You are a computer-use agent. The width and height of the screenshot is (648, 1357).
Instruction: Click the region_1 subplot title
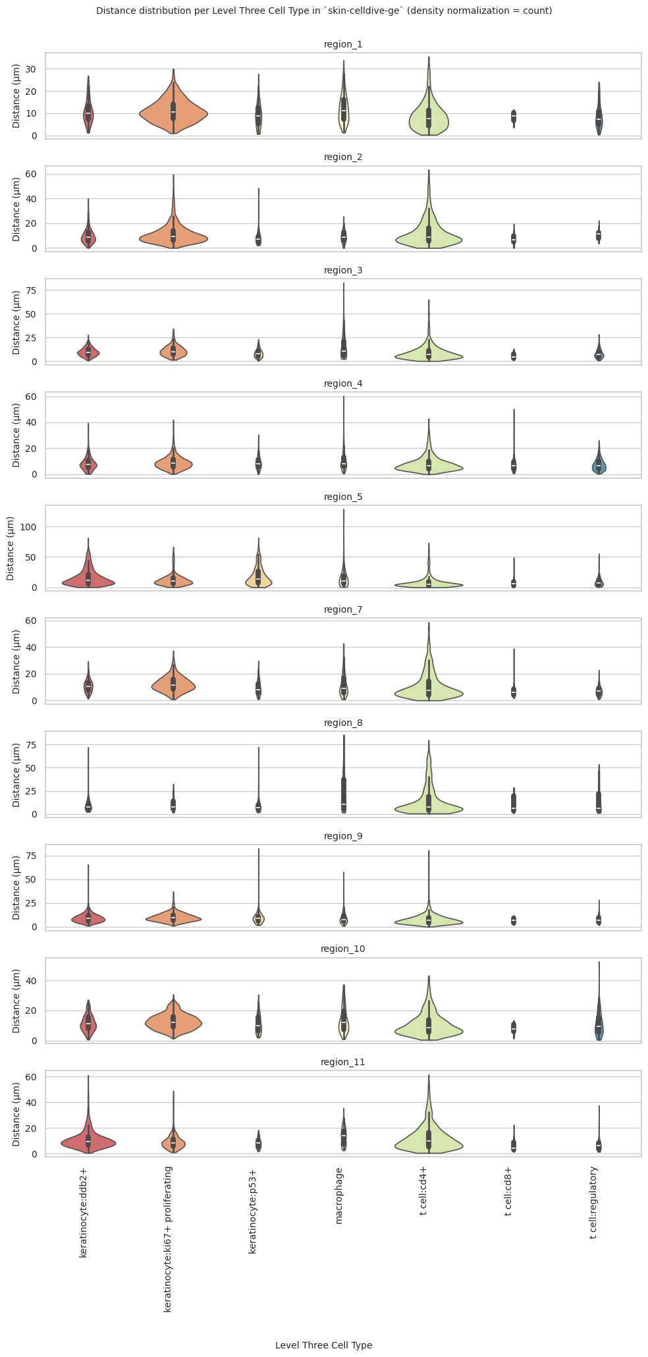343,44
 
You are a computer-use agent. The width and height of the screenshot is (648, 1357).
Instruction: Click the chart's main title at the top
324,11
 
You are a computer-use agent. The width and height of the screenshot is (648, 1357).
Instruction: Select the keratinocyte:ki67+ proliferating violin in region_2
173,237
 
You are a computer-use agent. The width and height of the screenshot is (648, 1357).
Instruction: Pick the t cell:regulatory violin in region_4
599,466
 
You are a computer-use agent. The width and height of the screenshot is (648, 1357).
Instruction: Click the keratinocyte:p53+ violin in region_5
258,578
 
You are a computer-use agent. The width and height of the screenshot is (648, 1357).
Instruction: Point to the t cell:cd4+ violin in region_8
428,806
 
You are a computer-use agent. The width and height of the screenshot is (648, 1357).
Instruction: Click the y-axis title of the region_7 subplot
16,660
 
